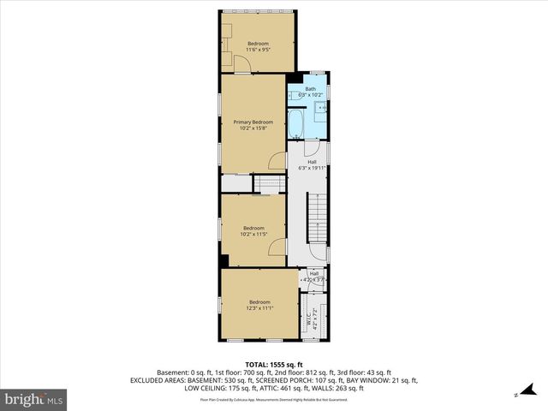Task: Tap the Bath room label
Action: [x=311, y=89]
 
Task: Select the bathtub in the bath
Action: [x=295, y=124]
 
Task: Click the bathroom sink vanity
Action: [x=319, y=108]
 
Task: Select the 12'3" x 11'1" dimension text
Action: [x=259, y=307]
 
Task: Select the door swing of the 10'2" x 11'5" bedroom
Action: [x=277, y=247]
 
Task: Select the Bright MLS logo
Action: [x=34, y=399]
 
